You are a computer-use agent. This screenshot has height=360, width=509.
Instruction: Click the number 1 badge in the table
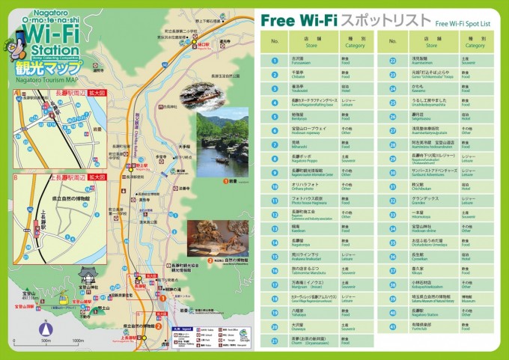coord(275,58)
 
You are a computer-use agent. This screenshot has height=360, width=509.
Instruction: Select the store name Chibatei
coord(298,72)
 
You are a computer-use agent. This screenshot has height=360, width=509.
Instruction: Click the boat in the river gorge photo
coord(222,158)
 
